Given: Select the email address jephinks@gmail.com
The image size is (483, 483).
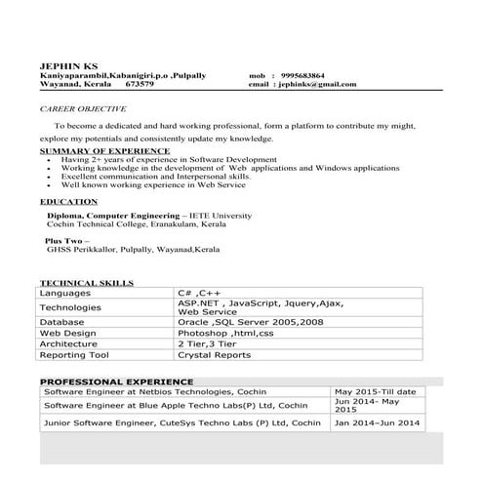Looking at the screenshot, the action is [316, 85].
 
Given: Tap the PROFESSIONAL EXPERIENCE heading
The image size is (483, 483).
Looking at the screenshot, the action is [116, 381].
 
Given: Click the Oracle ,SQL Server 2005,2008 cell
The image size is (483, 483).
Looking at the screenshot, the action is [251, 321].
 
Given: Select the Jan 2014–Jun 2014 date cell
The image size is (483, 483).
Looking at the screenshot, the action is [378, 423].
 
